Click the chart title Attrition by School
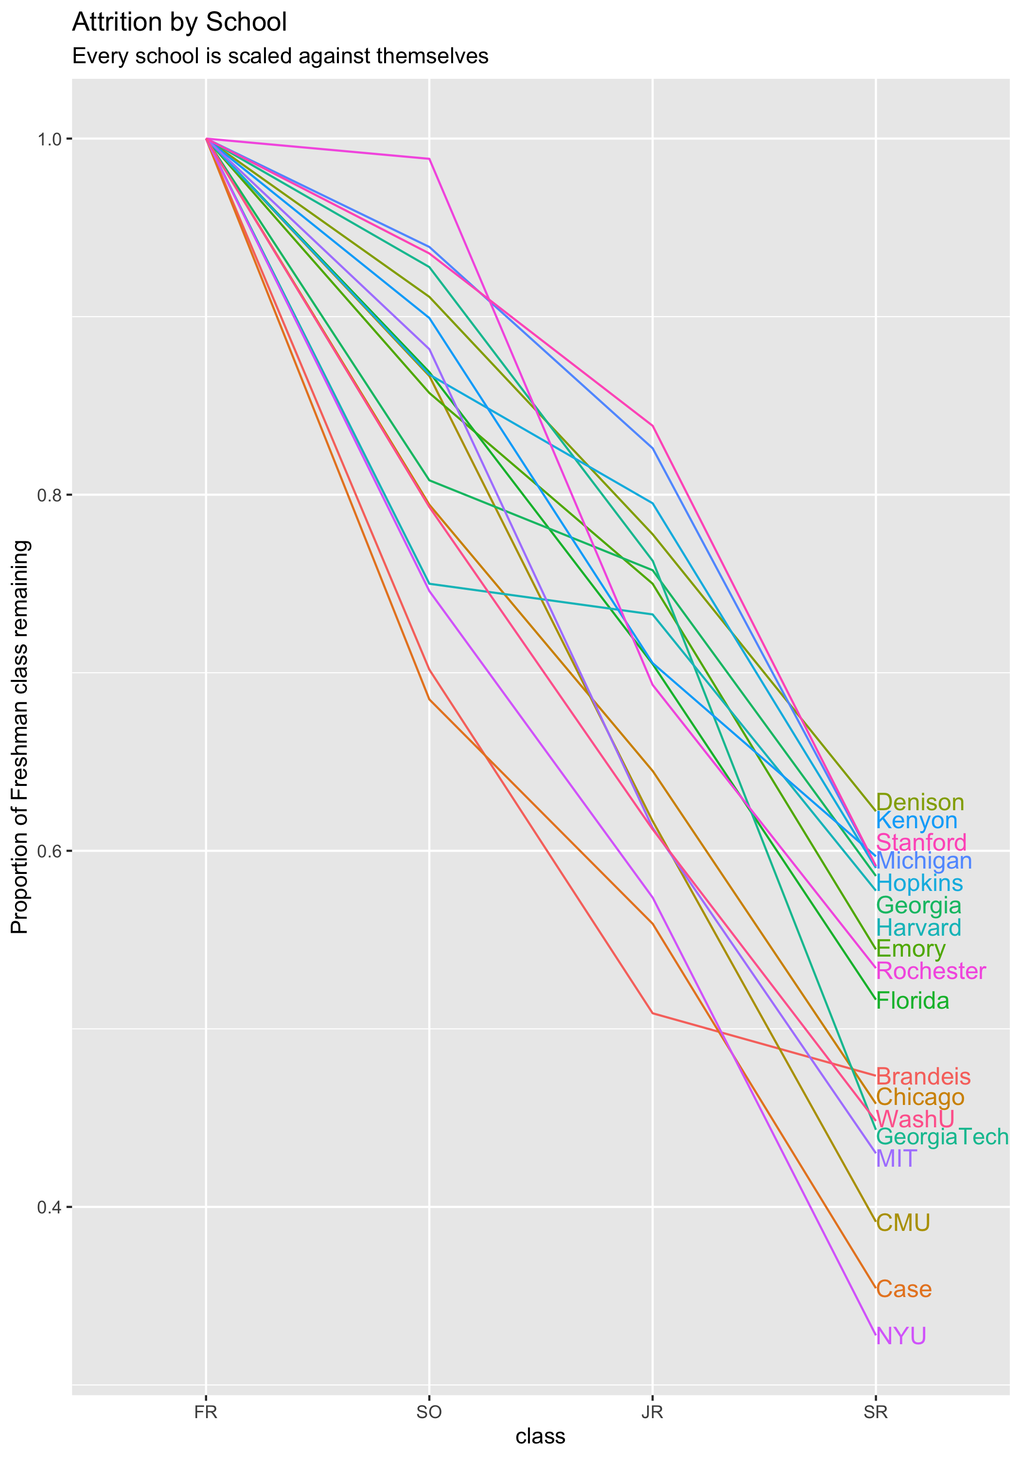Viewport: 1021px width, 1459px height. click(x=179, y=23)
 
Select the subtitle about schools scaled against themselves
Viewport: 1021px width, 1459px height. click(x=280, y=56)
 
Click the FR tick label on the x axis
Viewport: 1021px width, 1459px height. click(x=206, y=1412)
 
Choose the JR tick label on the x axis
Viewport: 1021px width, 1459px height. click(x=652, y=1412)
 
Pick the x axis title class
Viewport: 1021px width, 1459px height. click(x=540, y=1436)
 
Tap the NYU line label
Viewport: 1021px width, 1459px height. click(x=901, y=1336)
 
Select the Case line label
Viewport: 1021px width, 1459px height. click(x=903, y=1289)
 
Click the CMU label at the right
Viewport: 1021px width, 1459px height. click(x=903, y=1223)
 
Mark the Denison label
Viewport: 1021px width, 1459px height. click(x=920, y=802)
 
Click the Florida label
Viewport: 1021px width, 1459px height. click(x=913, y=1001)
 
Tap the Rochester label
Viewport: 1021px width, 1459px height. click(x=931, y=971)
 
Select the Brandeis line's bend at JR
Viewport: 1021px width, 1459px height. click(x=652, y=1014)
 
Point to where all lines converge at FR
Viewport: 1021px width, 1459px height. click(x=206, y=139)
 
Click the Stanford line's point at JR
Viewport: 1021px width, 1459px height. click(x=652, y=425)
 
